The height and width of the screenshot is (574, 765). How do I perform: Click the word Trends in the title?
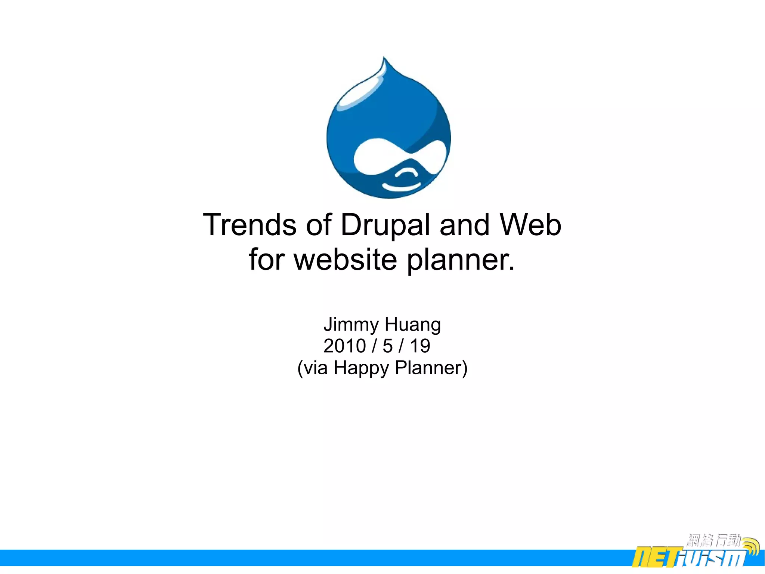(250, 225)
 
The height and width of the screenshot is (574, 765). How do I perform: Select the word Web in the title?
(530, 225)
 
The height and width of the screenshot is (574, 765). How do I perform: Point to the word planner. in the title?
(461, 260)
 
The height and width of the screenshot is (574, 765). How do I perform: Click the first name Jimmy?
(351, 325)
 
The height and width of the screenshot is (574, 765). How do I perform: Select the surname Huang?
(413, 325)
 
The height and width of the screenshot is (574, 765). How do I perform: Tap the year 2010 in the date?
(344, 346)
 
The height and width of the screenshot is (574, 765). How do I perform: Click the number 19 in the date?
(420, 346)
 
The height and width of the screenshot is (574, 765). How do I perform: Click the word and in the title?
(464, 225)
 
